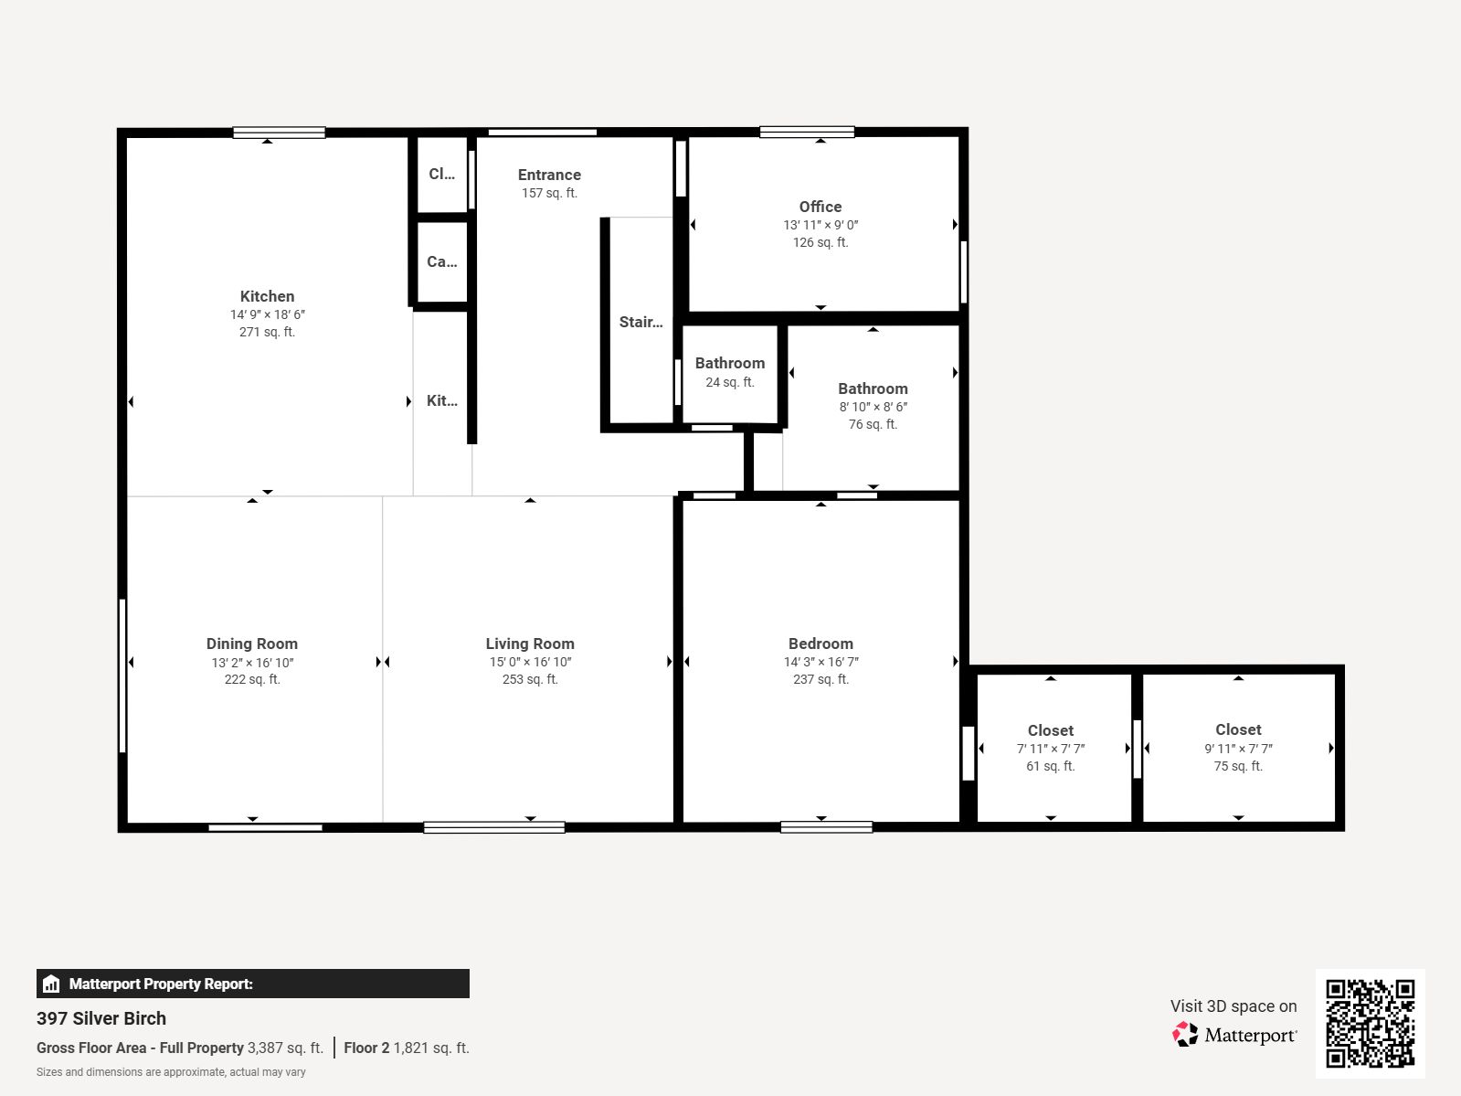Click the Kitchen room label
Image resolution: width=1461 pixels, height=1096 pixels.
267,296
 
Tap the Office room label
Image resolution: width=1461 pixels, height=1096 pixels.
820,207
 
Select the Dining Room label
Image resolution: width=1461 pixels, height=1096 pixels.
251,644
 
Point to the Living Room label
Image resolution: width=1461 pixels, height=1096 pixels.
530,644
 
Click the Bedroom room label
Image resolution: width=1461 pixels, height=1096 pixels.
820,644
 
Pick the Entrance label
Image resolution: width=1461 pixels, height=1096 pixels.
549,176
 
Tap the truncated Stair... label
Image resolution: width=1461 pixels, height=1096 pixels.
641,323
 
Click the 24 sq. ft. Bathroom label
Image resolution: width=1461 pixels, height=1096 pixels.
730,363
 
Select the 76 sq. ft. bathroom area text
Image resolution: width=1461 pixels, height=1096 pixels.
873,424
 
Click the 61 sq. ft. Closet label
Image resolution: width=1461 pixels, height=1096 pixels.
1051,730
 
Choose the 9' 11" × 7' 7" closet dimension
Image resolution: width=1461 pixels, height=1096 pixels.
1238,749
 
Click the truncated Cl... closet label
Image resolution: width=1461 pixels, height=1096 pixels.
442,174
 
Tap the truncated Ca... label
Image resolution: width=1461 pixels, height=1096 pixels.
442,261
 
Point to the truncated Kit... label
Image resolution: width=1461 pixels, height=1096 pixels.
442,401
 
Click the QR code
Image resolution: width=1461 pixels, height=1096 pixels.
1370,1024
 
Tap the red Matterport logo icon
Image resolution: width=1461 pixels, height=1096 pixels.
1185,1034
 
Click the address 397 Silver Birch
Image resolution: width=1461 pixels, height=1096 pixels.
101,1018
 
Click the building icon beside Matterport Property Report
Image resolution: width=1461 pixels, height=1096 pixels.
51,984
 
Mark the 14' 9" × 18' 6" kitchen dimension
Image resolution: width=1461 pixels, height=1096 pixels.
267,314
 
